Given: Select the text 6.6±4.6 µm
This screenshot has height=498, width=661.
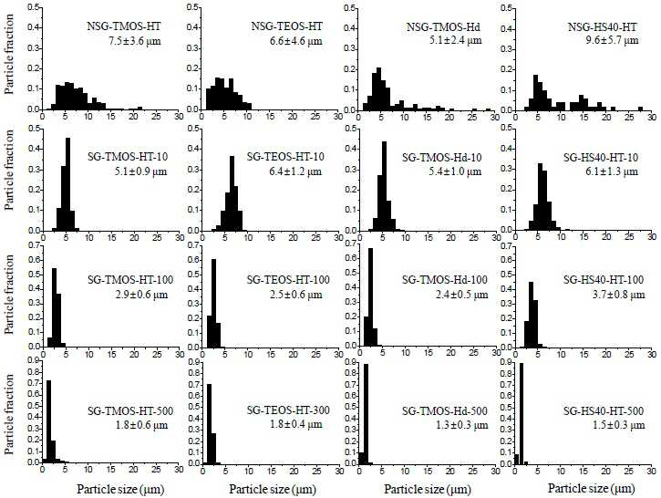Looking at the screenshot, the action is click(x=295, y=41).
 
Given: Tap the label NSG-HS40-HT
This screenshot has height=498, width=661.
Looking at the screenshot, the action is click(x=602, y=27).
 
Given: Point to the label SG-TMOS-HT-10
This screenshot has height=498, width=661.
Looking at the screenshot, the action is click(x=128, y=157).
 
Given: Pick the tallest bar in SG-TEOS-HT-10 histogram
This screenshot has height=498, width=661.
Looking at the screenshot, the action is click(x=232, y=193).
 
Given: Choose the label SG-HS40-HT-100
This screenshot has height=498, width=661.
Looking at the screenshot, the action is click(x=604, y=280).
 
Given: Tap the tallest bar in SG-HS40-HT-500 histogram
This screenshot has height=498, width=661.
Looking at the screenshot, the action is click(x=522, y=414).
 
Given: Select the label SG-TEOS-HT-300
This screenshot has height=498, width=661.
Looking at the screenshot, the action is click(x=288, y=410).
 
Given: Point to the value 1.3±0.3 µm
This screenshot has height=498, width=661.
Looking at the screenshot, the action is click(x=461, y=425).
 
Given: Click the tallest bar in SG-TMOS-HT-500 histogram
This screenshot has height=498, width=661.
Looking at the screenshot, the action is click(x=49, y=421).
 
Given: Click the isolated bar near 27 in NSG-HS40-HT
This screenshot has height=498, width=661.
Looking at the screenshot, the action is click(x=640, y=109).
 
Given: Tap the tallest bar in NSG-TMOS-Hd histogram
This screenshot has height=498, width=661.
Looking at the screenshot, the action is click(x=378, y=88).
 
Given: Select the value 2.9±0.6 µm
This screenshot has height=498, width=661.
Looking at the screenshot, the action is click(x=141, y=295).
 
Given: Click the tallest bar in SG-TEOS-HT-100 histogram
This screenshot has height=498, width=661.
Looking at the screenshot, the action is click(x=213, y=303).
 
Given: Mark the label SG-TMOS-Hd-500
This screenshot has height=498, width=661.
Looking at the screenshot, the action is click(x=445, y=410).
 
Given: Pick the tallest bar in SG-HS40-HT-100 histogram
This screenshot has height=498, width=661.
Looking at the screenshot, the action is click(x=531, y=314).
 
